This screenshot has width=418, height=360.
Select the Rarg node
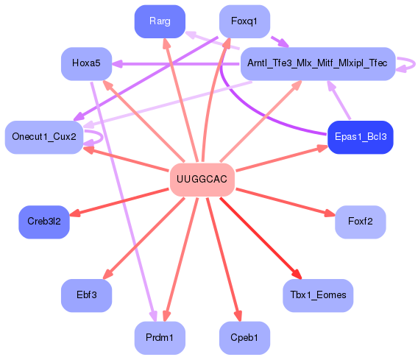click(160, 21)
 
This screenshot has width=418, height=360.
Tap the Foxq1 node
click(244, 21)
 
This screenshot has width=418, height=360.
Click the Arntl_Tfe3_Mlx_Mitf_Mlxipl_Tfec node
click(318, 63)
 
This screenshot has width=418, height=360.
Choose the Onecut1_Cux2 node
click(43, 137)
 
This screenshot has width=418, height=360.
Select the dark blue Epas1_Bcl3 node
click(360, 137)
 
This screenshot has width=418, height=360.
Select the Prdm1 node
click(160, 338)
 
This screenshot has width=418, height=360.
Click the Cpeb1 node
click(244, 338)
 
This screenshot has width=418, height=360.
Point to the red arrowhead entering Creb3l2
click(75, 213)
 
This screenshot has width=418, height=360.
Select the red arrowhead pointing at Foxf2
click(330, 214)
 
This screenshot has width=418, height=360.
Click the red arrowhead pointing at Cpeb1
click(238, 317)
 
